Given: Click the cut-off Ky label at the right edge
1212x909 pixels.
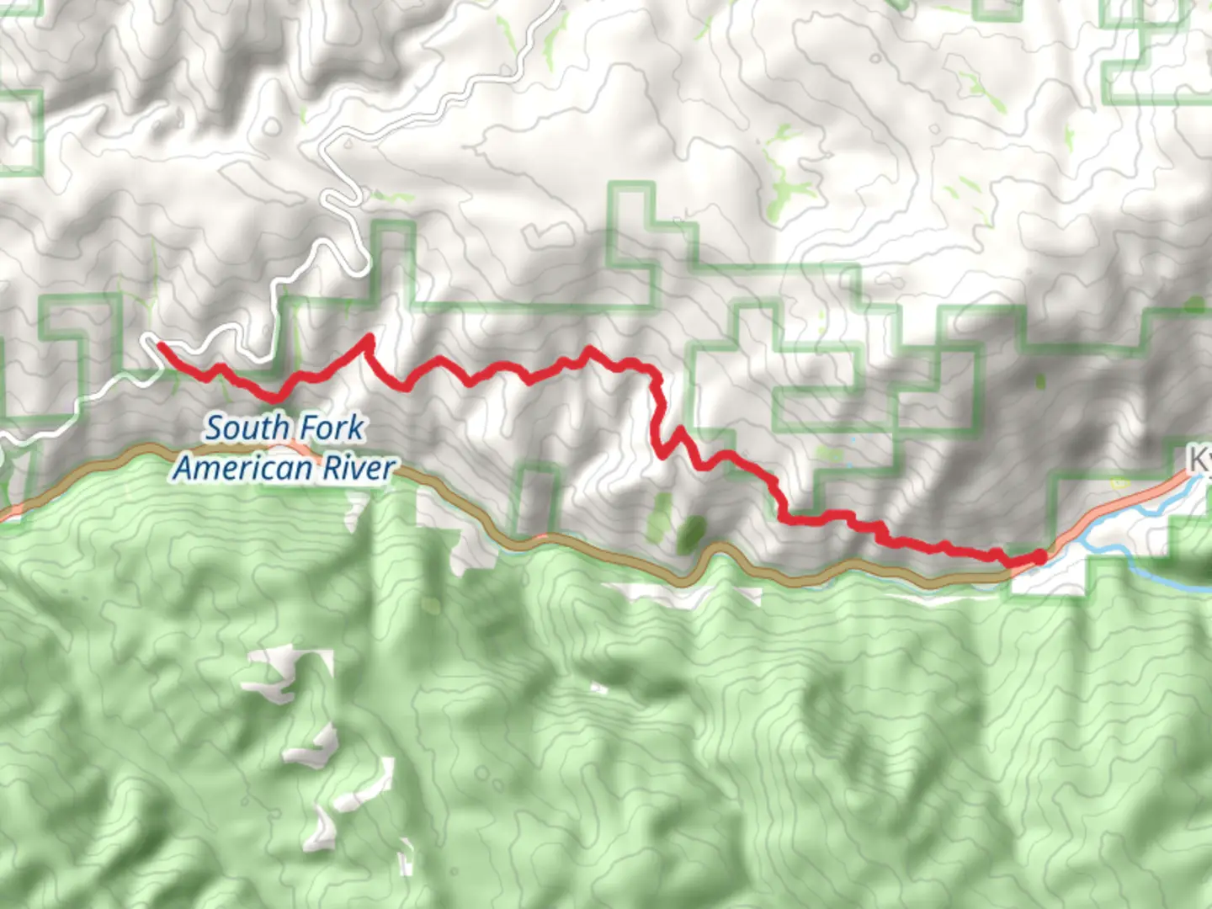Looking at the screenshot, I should tap(1199, 460).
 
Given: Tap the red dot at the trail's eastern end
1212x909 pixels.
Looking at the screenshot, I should tap(1039, 556).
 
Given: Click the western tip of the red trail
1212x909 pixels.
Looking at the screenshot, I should tap(158, 344).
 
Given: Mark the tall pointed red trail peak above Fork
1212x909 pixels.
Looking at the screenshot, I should tap(368, 338).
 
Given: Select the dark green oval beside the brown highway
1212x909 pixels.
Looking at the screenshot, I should tap(692, 533).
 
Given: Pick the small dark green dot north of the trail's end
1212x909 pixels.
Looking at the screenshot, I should tap(1041, 382).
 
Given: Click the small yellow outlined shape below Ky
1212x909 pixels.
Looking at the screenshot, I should tap(1120, 482).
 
